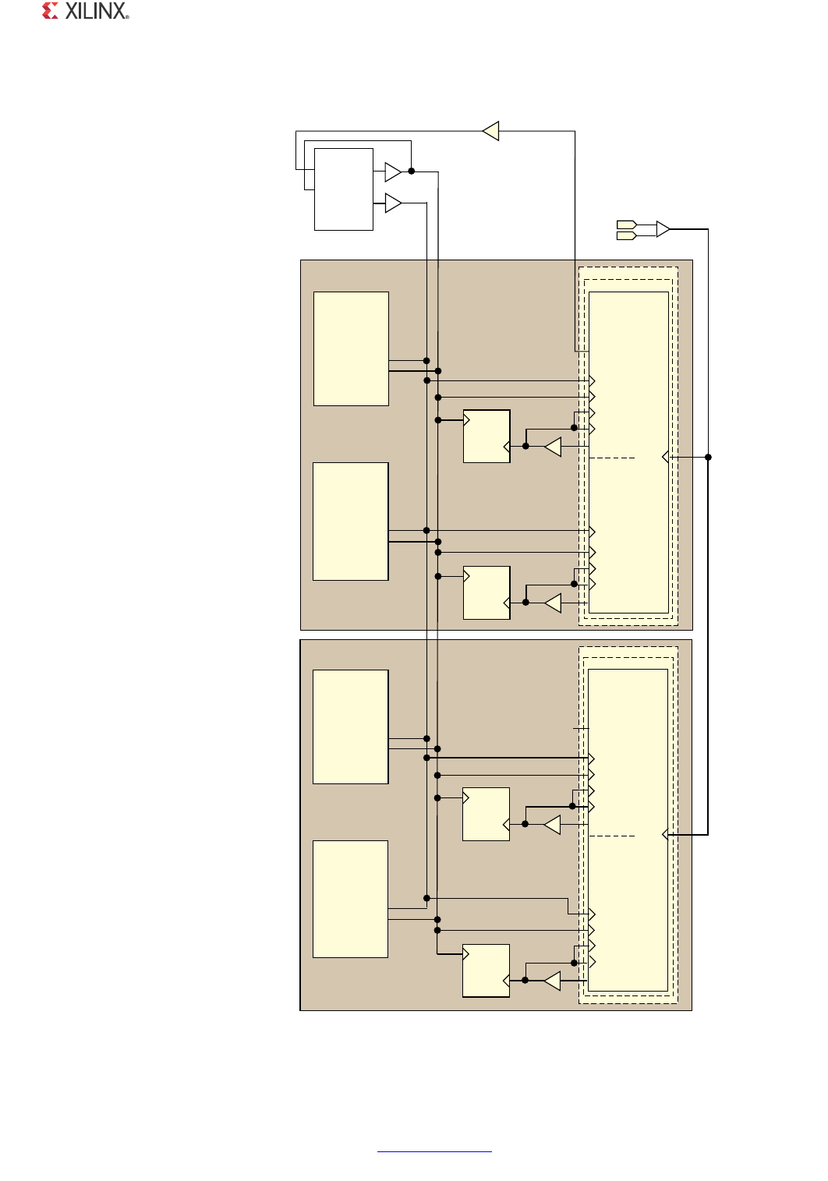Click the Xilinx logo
(x=85, y=11)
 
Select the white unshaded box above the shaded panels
(x=343, y=189)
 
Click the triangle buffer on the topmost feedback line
(x=490, y=131)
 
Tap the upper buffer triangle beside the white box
(x=393, y=171)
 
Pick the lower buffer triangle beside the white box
(x=393, y=203)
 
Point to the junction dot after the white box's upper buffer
(x=411, y=171)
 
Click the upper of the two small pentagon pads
(x=627, y=225)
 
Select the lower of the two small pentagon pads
(x=627, y=235)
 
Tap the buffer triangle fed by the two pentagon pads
(x=663, y=229)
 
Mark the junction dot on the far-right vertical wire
(x=708, y=457)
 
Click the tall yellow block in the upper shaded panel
(x=628, y=452)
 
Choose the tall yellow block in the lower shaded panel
(x=628, y=829)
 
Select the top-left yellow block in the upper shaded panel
(x=351, y=348)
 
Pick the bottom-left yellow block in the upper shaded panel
(x=350, y=522)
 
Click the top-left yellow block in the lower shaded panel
(x=350, y=727)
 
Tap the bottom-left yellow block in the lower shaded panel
(x=350, y=899)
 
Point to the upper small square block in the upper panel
(x=487, y=436)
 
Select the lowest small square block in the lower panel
(x=486, y=971)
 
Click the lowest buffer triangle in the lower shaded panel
(x=552, y=980)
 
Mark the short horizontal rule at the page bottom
(x=434, y=1151)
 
